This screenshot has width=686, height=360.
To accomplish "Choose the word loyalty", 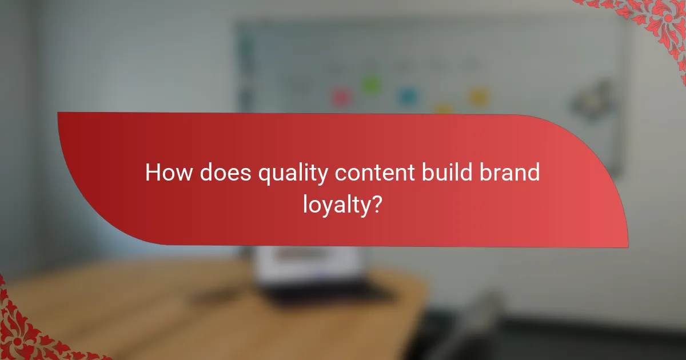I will click(x=336, y=205).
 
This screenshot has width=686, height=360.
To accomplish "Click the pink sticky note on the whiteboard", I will click(x=341, y=97).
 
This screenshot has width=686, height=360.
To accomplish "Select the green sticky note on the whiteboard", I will click(x=370, y=85).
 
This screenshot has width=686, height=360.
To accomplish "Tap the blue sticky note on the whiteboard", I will click(x=407, y=95).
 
